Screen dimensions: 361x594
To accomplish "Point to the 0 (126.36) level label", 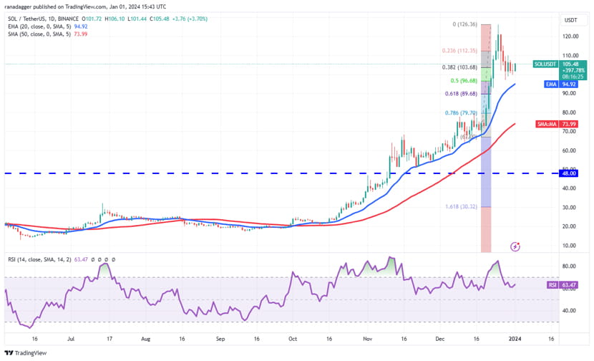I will [464, 24].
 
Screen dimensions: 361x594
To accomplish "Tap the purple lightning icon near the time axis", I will [515, 246].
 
